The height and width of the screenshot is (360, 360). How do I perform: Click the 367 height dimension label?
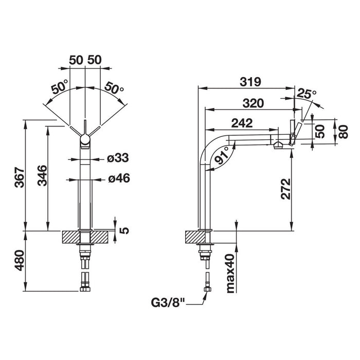(x=20, y=177)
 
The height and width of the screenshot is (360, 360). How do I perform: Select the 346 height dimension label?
(x=42, y=176)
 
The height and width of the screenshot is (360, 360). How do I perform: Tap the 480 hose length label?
(x=20, y=260)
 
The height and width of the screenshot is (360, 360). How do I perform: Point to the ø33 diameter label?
(x=118, y=158)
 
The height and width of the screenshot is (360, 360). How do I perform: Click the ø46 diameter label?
(x=119, y=178)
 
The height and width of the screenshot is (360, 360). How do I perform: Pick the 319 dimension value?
(x=250, y=82)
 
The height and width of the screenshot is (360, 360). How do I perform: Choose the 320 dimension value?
(x=253, y=103)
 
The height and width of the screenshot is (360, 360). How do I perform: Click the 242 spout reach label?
(x=242, y=123)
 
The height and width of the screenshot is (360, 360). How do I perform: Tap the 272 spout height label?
(x=286, y=189)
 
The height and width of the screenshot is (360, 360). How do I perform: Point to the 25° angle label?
(x=307, y=94)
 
